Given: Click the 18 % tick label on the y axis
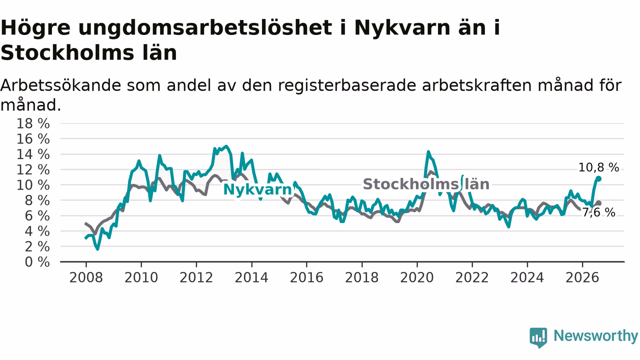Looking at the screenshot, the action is click(x=33, y=123).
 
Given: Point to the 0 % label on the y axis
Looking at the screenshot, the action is click(x=37, y=262).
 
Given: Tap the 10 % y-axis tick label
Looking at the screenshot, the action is click(x=33, y=185).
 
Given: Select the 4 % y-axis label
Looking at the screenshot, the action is click(x=37, y=231).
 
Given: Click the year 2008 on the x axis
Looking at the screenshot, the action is click(x=86, y=277).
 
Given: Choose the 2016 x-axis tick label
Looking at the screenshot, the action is click(x=306, y=277).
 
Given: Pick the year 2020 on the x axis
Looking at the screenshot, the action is click(x=417, y=277).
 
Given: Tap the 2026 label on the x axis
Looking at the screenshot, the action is click(x=582, y=277).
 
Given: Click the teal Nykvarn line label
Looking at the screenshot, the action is click(x=257, y=189).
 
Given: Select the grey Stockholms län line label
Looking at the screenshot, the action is click(x=426, y=184).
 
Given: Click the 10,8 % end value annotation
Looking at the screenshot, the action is click(x=598, y=167).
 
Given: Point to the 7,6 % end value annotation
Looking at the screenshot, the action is click(x=598, y=212).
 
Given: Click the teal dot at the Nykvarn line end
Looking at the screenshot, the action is click(x=598, y=179).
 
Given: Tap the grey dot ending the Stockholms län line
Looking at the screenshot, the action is click(x=598, y=203).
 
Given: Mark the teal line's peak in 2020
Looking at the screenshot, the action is click(x=428, y=151).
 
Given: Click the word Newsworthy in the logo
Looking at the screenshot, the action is click(x=595, y=335).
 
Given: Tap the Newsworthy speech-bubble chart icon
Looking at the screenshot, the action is click(x=538, y=337).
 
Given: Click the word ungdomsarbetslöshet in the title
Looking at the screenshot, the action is click(x=205, y=28).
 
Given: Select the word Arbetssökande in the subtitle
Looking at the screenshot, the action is click(x=61, y=85).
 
